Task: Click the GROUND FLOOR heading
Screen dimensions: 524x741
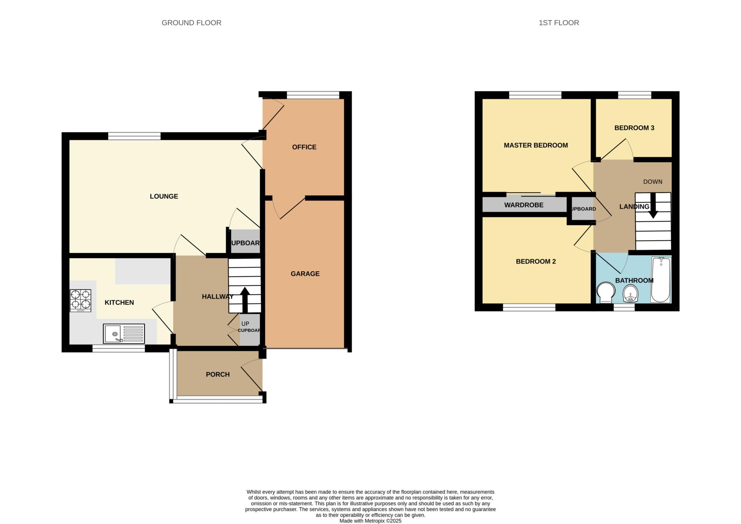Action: coord(191,23)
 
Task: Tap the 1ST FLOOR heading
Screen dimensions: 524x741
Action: coord(558,23)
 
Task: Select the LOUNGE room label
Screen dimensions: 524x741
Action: coord(164,196)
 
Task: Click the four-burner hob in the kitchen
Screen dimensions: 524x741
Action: coord(80,300)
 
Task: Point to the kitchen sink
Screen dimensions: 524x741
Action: coord(124,333)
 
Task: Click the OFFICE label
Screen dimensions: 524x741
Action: coord(304,147)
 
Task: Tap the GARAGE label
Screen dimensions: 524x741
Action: coord(305,274)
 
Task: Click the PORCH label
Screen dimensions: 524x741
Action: coord(217,374)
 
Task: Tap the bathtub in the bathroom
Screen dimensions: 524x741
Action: coord(660,279)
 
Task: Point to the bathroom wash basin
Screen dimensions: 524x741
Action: coord(630,293)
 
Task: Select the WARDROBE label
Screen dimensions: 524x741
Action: coord(524,205)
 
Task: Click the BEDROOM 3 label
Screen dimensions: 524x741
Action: coord(634,128)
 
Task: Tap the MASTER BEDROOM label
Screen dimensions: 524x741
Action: coord(535,145)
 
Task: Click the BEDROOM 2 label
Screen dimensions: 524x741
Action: coord(535,261)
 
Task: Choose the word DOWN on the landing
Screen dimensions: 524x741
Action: coord(652,182)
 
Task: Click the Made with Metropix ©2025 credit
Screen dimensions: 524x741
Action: coord(370,521)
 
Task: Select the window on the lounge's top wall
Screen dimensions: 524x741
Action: coord(134,136)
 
